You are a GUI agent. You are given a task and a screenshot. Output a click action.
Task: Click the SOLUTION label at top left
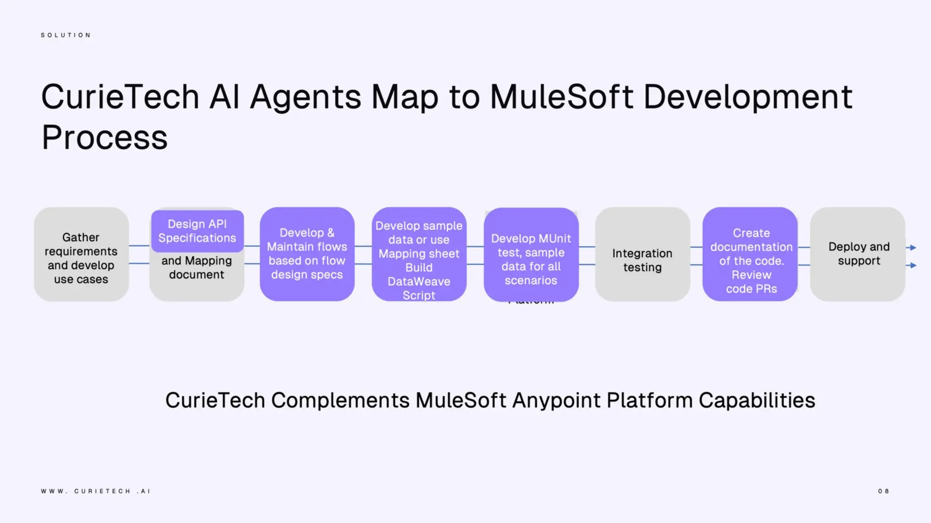pyautogui.click(x=66, y=35)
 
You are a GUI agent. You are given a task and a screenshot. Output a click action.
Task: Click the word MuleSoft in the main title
pyautogui.click(x=561, y=97)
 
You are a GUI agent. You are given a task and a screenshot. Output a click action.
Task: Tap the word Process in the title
pyautogui.click(x=105, y=138)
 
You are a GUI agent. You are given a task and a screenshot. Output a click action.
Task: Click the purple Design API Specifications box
pyautogui.click(x=197, y=231)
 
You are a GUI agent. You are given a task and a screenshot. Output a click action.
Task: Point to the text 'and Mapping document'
pyautogui.click(x=197, y=268)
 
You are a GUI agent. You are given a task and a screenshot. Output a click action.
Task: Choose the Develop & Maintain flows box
pyautogui.click(x=307, y=254)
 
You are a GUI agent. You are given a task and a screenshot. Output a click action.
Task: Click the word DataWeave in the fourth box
pyautogui.click(x=419, y=281)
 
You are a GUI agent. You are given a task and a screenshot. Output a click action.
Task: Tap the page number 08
pyautogui.click(x=883, y=491)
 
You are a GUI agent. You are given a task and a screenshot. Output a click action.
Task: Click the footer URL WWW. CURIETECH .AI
pyautogui.click(x=95, y=491)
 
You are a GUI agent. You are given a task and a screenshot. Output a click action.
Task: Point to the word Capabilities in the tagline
pyautogui.click(x=756, y=400)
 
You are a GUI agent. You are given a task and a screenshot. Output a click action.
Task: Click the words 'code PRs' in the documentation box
pyautogui.click(x=751, y=289)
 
